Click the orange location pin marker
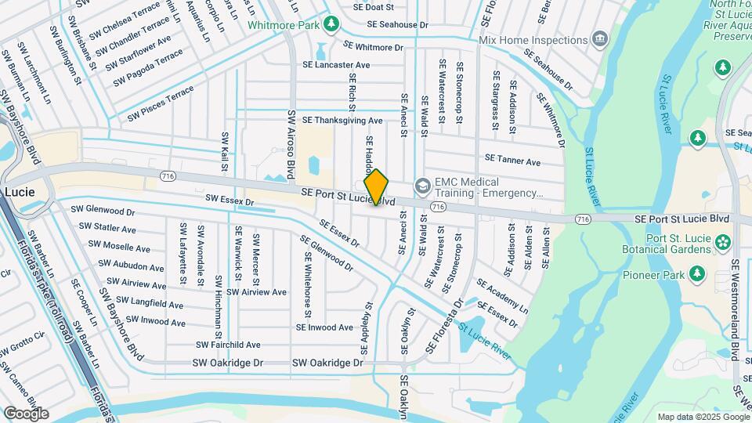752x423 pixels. (376, 187)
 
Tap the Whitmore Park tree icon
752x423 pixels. (332, 24)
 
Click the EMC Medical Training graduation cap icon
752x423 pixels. (423, 186)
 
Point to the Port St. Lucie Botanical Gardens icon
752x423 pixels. (721, 241)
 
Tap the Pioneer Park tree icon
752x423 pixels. (697, 274)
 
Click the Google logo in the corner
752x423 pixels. (26, 414)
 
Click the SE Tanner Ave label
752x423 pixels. (512, 161)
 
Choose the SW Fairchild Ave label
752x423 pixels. (228, 344)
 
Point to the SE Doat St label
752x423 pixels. (373, 6)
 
